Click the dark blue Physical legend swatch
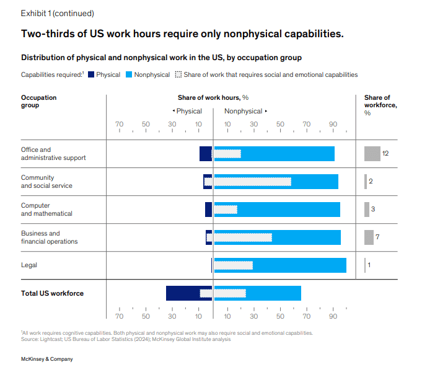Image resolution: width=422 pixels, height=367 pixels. [90, 74]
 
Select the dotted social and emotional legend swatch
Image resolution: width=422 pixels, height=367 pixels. [178, 74]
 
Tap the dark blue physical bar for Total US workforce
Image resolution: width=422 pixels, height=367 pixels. [183, 293]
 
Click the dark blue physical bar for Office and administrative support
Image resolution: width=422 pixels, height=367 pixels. [206, 154]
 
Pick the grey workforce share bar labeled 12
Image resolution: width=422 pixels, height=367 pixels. [372, 154]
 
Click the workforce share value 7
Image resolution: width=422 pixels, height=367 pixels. [377, 237]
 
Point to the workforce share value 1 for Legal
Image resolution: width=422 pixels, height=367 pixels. [369, 265]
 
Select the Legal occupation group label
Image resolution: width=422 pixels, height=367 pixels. [29, 265]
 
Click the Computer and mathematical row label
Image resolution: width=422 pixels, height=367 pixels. [46, 210]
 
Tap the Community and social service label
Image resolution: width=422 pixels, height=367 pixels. [46, 182]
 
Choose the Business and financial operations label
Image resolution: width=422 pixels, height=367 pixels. [50, 237]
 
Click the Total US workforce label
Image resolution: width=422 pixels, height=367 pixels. [52, 293]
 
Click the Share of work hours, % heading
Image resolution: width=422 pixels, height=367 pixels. [213, 97]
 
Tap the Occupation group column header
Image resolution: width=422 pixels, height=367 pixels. [38, 101]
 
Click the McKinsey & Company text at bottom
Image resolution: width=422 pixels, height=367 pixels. [47, 359]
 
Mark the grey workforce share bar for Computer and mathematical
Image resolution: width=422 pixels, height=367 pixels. [367, 210]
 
